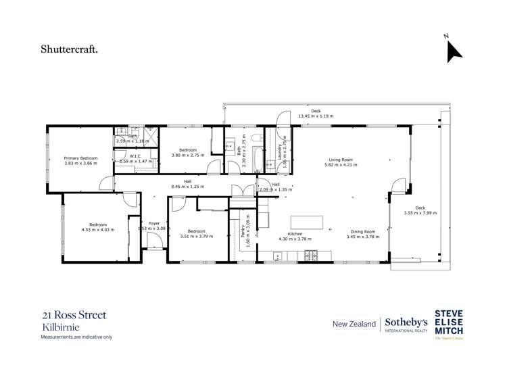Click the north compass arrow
454,51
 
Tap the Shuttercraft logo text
70,49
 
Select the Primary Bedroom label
81,158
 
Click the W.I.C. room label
135,156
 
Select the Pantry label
242,229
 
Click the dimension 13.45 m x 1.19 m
316,116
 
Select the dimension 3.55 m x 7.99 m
420,213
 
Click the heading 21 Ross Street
74,314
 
